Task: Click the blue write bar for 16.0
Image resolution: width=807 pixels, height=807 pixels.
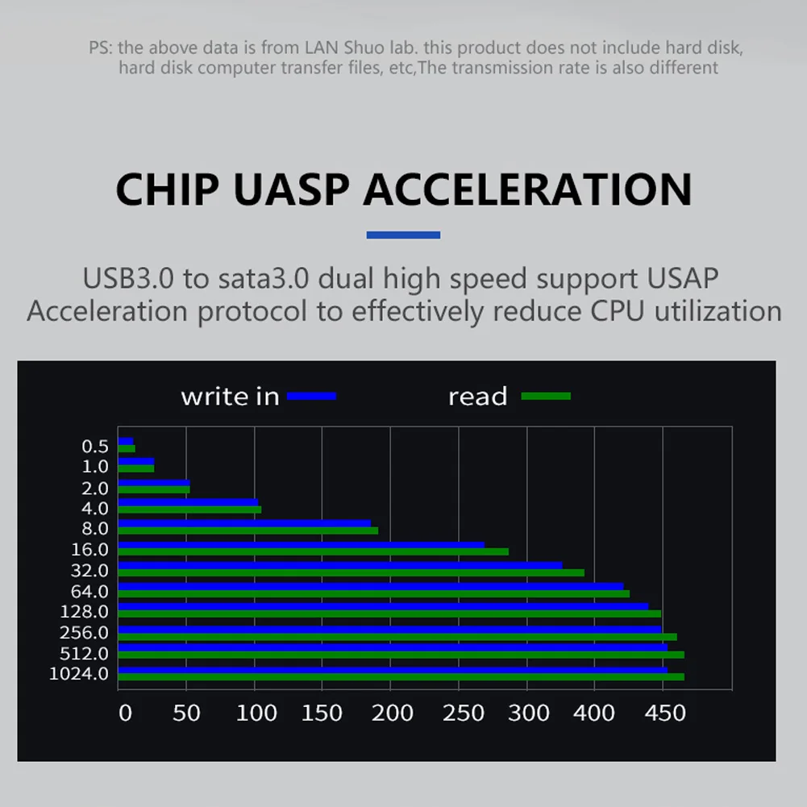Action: tap(301, 544)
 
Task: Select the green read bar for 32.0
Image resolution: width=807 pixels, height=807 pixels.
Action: tap(351, 572)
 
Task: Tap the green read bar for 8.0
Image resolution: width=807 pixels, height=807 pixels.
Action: tap(248, 530)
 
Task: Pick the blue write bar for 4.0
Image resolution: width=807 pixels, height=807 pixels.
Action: tap(189, 502)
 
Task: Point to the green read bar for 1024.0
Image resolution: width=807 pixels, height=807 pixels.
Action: tap(401, 676)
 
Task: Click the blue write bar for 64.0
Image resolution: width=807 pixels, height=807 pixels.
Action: tap(371, 586)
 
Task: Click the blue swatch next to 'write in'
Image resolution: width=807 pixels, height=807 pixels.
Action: tap(311, 396)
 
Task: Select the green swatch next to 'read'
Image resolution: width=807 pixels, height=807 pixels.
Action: tap(546, 396)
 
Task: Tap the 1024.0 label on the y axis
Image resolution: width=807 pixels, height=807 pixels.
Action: tap(79, 674)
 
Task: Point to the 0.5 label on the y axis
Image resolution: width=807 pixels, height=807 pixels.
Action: tap(95, 446)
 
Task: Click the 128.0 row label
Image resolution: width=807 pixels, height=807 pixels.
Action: tap(85, 611)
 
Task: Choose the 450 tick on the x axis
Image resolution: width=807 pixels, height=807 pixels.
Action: tap(665, 713)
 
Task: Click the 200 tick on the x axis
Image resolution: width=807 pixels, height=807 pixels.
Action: tap(392, 713)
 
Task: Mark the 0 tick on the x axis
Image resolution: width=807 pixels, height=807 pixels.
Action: tap(125, 713)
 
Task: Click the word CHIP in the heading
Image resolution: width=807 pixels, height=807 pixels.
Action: tap(168, 189)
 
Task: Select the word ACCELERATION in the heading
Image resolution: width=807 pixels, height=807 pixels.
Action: tap(527, 189)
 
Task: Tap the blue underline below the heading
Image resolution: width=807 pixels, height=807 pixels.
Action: tap(403, 235)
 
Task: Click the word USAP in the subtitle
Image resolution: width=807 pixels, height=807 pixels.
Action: tap(683, 278)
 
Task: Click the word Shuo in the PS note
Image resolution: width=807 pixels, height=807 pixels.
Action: tap(364, 48)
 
